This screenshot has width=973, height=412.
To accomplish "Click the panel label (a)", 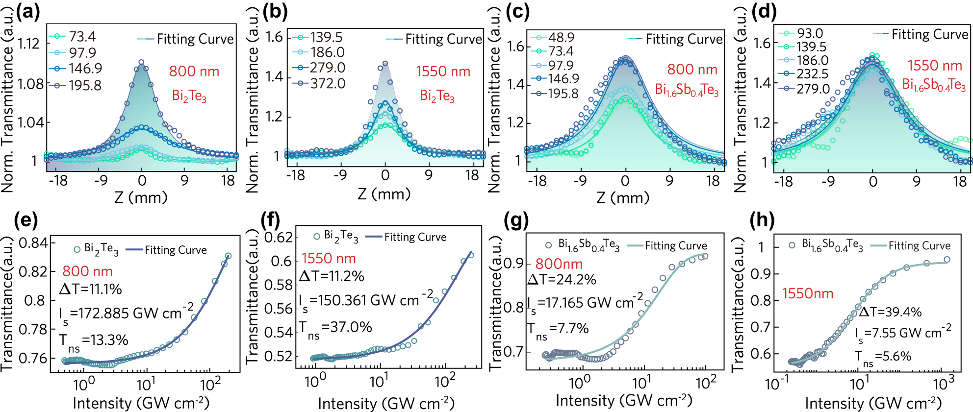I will (28, 11).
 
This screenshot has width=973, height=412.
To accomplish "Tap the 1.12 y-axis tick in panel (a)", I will (29, 44).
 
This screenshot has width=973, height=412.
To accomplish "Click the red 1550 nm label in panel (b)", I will (443, 72).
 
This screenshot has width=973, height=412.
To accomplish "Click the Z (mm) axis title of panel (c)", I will (623, 197).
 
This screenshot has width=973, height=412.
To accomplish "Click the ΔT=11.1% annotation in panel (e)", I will (91, 289).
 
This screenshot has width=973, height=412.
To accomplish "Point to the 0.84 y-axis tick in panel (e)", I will (34, 242).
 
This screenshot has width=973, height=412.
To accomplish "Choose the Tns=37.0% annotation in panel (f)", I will (336, 328).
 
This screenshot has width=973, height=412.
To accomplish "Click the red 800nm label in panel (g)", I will (559, 264).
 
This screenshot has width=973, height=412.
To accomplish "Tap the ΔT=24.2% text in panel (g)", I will (562, 280).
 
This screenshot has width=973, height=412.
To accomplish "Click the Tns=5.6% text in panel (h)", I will (883, 357).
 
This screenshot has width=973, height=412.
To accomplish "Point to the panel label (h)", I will (762, 220).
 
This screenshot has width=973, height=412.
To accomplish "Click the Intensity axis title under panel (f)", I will (386, 403).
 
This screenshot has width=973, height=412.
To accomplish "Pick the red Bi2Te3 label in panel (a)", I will (189, 96).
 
